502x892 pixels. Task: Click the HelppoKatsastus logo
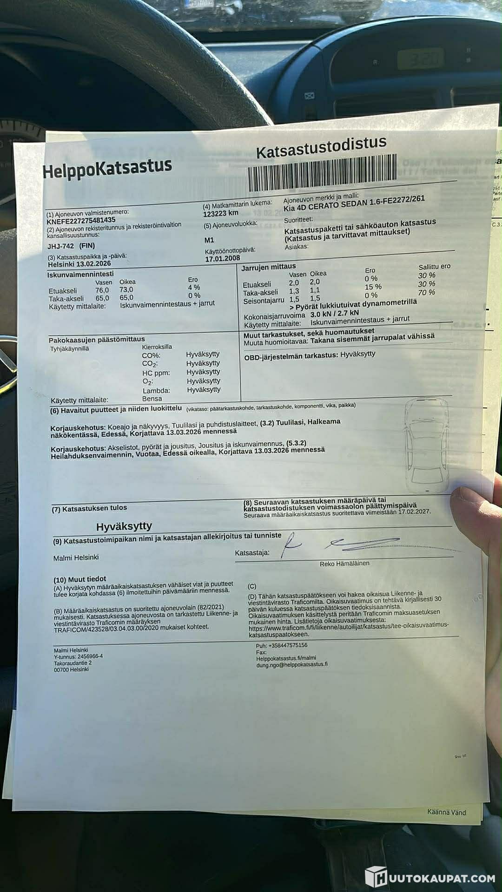[107, 168]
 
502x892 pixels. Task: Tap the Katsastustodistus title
[321, 147]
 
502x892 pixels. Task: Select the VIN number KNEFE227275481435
[81, 220]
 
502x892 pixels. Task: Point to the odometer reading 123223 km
[221, 213]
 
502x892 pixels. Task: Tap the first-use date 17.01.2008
[223, 258]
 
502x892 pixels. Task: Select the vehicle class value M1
[209, 240]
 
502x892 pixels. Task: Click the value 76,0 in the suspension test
[102, 290]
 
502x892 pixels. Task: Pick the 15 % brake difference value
[373, 287]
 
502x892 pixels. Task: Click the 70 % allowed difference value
[426, 292]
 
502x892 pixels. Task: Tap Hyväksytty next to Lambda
[204, 390]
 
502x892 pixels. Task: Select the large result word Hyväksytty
[124, 526]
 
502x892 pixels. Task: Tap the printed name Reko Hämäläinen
[344, 564]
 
